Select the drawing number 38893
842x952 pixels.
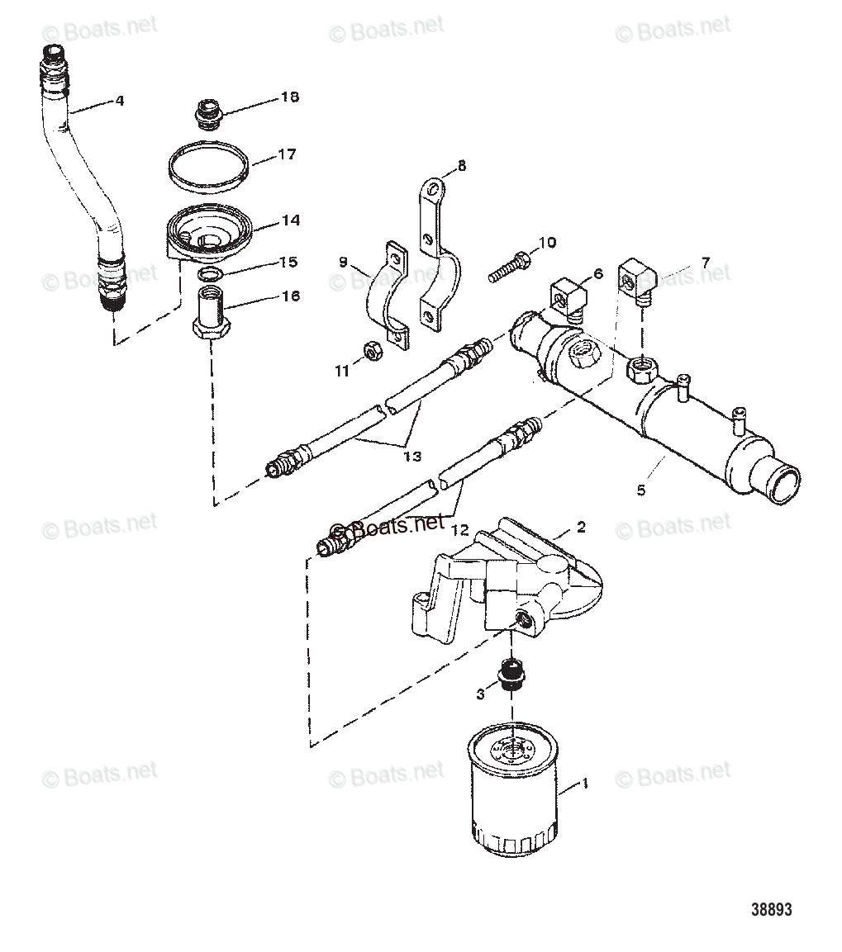[x=771, y=909]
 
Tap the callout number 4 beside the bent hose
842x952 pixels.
[x=120, y=101]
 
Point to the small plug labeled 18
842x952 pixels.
[x=207, y=114]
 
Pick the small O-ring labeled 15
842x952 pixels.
[x=209, y=275]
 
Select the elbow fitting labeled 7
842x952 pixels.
[x=638, y=280]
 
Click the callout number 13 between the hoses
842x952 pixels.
[x=412, y=456]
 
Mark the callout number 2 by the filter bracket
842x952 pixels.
[x=581, y=527]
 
